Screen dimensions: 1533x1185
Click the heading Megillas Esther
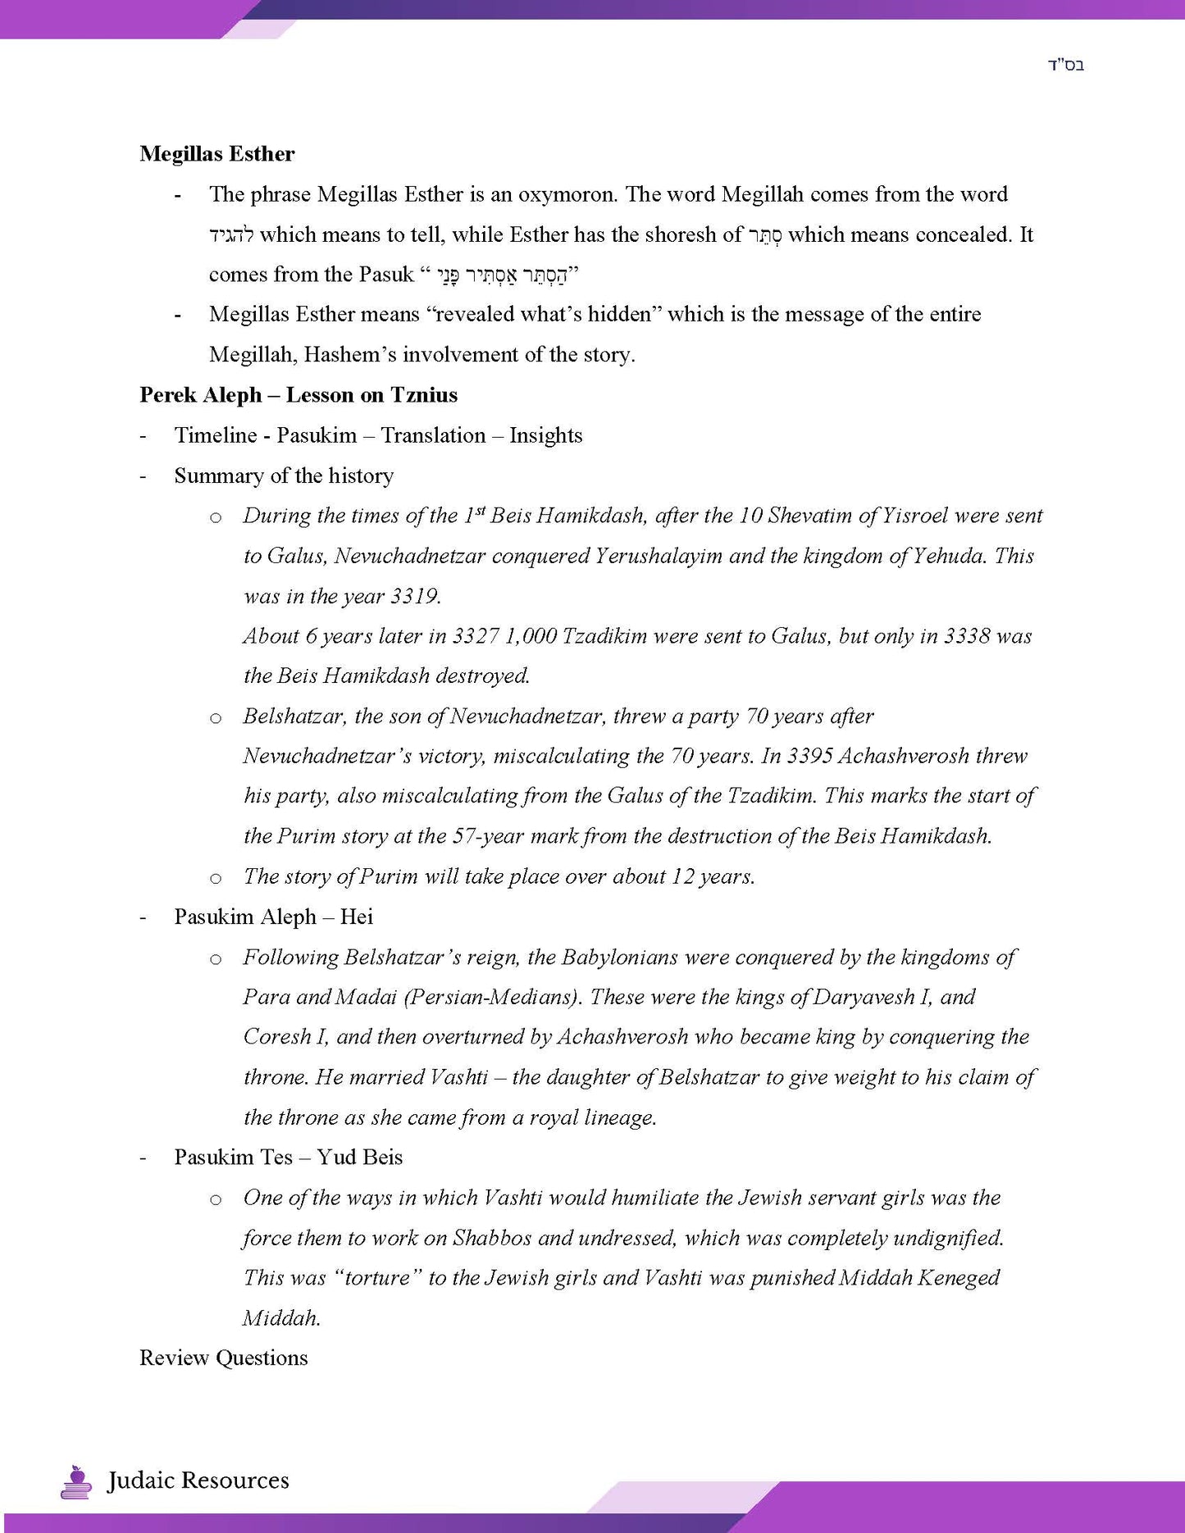(x=216, y=154)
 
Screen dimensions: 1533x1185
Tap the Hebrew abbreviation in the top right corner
(x=1065, y=66)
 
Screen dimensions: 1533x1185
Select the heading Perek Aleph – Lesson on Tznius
(x=299, y=395)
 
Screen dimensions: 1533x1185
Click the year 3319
(x=414, y=596)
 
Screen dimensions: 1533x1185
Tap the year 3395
(x=809, y=756)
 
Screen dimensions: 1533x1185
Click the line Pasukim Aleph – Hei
(x=273, y=917)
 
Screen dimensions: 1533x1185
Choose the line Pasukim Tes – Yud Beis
(x=288, y=1158)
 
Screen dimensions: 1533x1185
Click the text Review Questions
(x=224, y=1358)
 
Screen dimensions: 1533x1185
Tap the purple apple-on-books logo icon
(x=76, y=1481)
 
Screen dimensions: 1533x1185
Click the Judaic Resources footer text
(x=198, y=1481)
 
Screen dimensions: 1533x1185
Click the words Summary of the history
(x=284, y=475)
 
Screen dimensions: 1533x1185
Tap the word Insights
(x=545, y=435)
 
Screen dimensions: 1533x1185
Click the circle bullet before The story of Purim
(x=216, y=878)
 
